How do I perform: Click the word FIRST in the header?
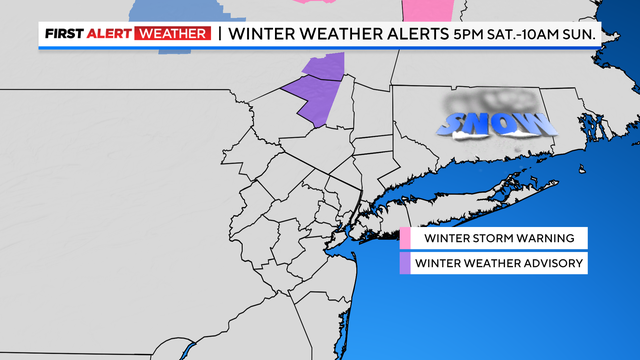pyautogui.click(x=63, y=34)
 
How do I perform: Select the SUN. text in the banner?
pyautogui.click(x=585, y=34)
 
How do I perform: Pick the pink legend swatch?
pyautogui.click(x=406, y=239)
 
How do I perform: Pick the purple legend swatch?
pyautogui.click(x=406, y=264)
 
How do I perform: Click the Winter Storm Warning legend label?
pyautogui.click(x=497, y=239)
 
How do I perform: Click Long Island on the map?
pyautogui.click(x=470, y=200)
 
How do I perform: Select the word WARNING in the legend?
pyautogui.click(x=541, y=239)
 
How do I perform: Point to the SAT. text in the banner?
pyautogui.click(x=512, y=34)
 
